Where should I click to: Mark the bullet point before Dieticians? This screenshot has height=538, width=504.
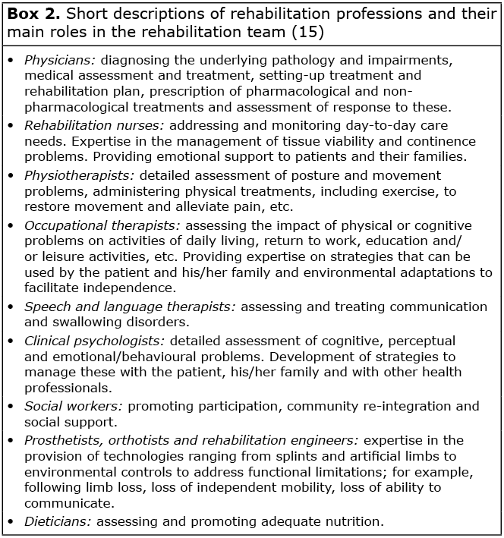tap(11, 521)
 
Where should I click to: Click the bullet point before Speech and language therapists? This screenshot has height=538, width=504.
tap(11, 307)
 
